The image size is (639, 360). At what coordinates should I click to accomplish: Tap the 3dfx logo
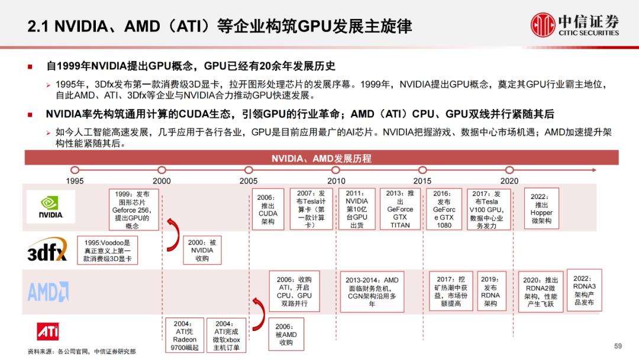[47, 250]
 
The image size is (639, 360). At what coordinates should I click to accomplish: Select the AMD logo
[49, 291]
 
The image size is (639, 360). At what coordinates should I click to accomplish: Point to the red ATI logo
[48, 332]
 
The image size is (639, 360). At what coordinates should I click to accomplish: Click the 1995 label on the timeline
[75, 181]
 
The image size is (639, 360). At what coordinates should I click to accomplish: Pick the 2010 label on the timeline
[337, 181]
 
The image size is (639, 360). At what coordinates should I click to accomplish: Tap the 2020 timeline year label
[509, 181]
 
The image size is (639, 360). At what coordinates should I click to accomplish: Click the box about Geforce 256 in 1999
[132, 210]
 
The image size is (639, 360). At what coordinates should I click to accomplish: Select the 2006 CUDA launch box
[268, 210]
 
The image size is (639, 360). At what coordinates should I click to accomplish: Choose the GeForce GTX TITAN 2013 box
[400, 209]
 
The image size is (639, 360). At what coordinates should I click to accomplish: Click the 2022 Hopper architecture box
[541, 209]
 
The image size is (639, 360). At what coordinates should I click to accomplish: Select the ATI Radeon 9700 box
[184, 336]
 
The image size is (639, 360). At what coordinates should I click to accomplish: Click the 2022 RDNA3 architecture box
[585, 290]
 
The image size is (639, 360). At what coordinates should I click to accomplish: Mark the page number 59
[618, 346]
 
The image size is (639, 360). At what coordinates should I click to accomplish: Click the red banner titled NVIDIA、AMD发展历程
[321, 158]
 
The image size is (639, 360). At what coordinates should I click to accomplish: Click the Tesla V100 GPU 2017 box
[486, 209]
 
